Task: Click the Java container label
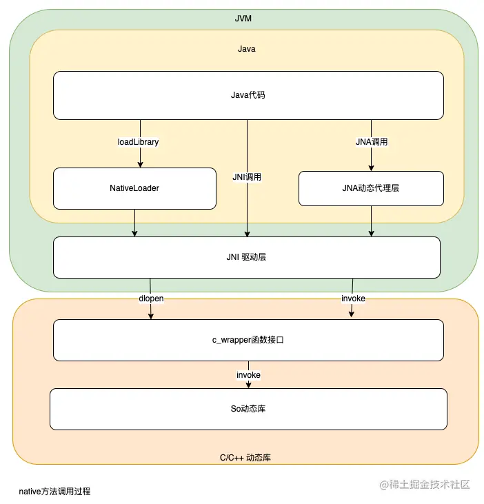tap(247, 49)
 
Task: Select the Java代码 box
tap(248, 95)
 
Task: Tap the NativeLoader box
tap(134, 188)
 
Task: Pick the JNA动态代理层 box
tap(371, 188)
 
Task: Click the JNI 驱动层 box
tap(247, 257)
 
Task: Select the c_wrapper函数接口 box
tap(248, 340)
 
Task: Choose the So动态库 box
tap(248, 409)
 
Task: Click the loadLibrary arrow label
tap(139, 142)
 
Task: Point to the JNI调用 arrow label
tap(247, 177)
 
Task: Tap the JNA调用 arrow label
tap(371, 142)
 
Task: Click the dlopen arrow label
tap(151, 299)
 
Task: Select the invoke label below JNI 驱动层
tap(353, 299)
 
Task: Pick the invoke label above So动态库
tap(248, 374)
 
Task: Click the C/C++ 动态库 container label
tap(247, 457)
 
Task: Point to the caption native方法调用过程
tap(55, 492)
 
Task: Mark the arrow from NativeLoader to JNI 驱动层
tap(134, 223)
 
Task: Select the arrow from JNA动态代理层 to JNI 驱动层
tap(371, 221)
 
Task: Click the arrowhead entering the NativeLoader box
tap(141, 164)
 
